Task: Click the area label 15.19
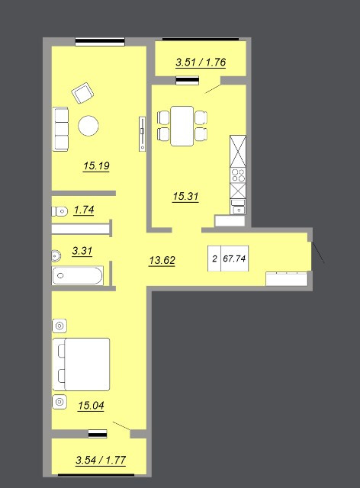(x=96, y=165)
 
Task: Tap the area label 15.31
(x=185, y=197)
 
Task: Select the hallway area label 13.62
(x=162, y=260)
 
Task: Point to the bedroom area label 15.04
(x=91, y=406)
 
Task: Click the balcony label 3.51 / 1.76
(x=201, y=63)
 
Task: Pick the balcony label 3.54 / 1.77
(x=101, y=460)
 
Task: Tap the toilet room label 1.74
(x=84, y=210)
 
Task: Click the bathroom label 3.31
(x=82, y=251)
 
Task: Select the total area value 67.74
(x=234, y=258)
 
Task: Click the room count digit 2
(x=214, y=258)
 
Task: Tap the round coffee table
(x=88, y=126)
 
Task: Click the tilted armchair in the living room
(x=82, y=93)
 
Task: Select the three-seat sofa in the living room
(x=60, y=129)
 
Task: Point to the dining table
(x=182, y=126)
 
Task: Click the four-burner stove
(x=238, y=175)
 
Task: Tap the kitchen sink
(x=238, y=207)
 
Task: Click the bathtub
(x=78, y=275)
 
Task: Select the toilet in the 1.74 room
(x=59, y=212)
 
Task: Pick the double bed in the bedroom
(x=81, y=364)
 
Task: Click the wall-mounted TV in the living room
(x=143, y=134)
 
